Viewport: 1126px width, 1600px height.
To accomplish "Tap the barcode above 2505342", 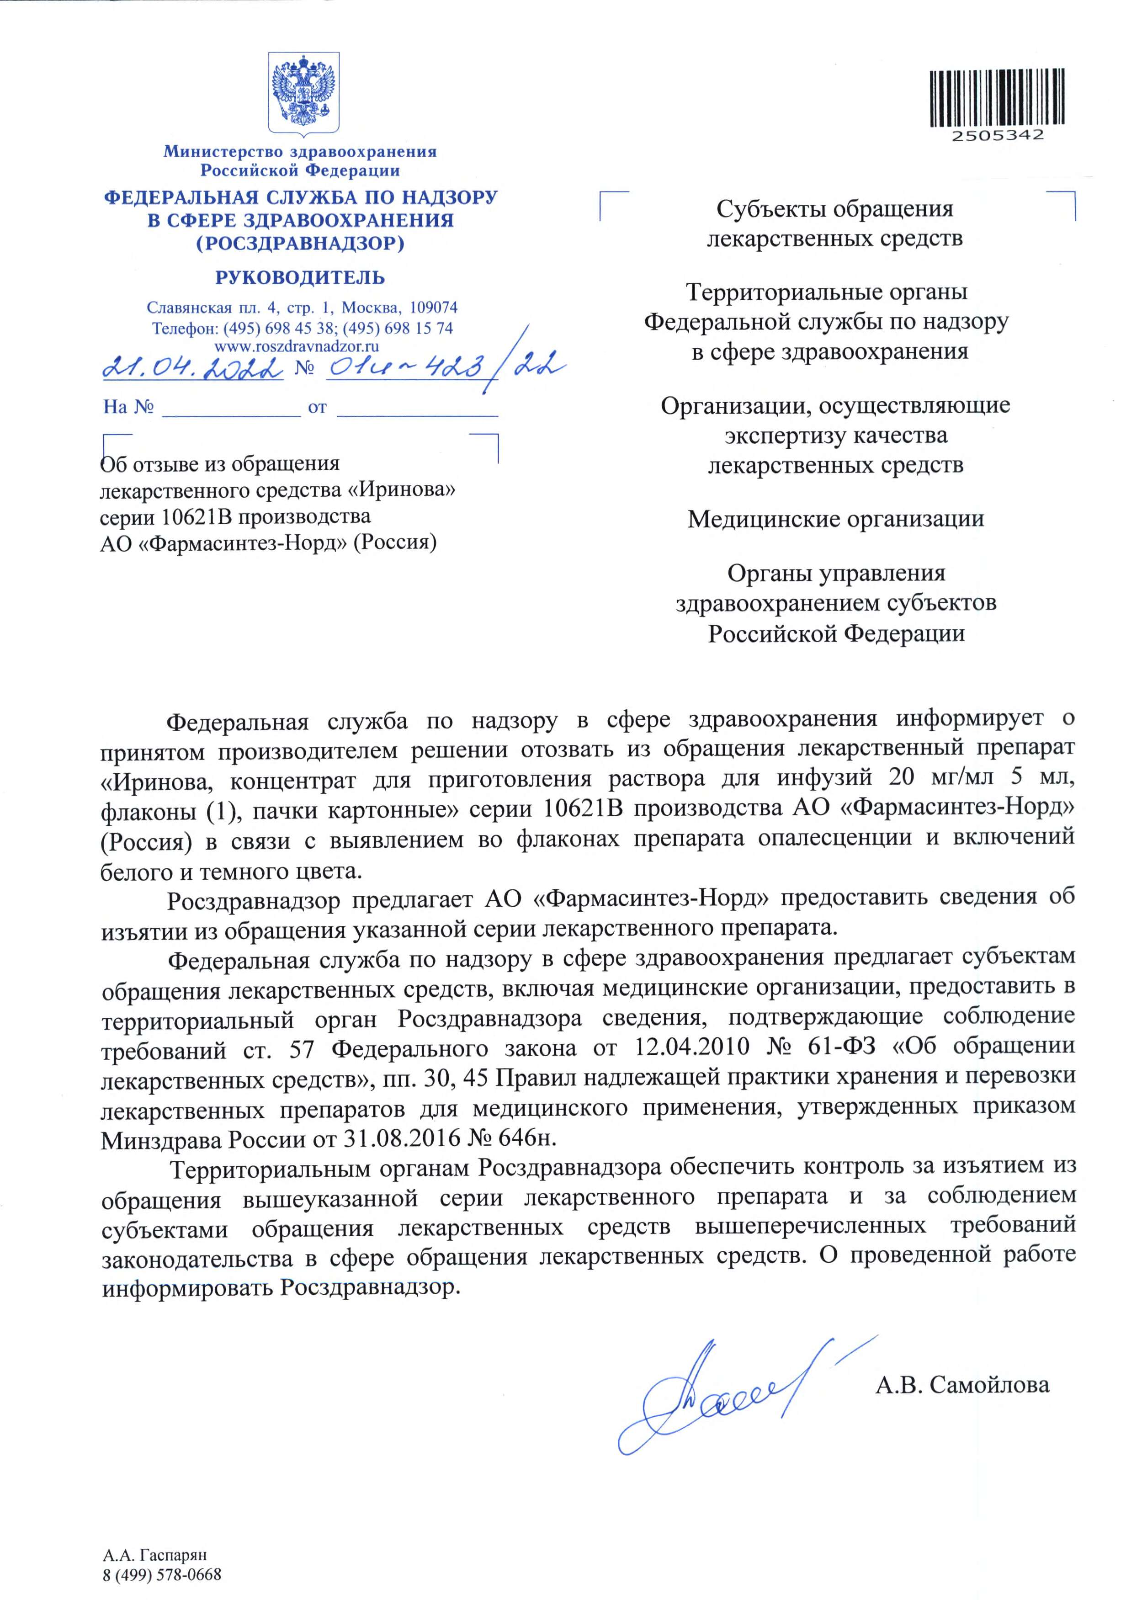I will (997, 97).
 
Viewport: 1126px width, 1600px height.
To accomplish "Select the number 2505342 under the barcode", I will (998, 135).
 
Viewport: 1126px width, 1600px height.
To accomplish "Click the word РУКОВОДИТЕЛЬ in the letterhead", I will (300, 277).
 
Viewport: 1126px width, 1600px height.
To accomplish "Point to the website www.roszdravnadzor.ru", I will (297, 345).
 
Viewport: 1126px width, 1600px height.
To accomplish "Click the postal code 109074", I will (433, 307).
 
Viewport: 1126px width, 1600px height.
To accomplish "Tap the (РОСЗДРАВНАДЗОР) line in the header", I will (300, 243).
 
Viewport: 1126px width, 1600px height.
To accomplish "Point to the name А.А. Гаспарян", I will (154, 1555).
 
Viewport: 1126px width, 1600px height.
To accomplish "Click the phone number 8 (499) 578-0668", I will (162, 1575).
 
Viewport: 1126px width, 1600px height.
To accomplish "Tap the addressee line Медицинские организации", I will (835, 519).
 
